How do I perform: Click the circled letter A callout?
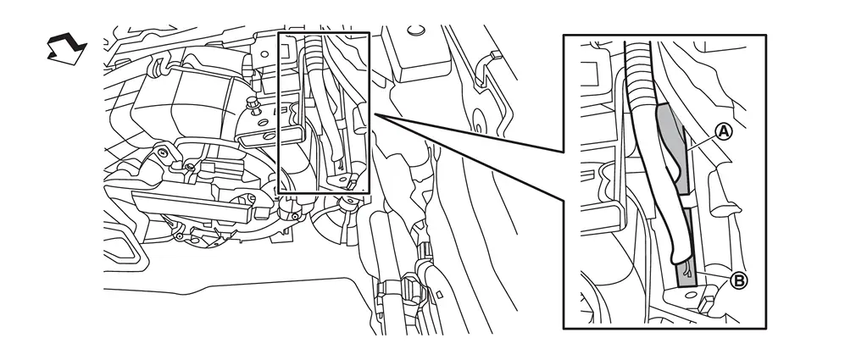click(723, 131)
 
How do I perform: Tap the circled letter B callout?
click(738, 281)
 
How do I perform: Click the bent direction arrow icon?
click(66, 48)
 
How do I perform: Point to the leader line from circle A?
click(701, 140)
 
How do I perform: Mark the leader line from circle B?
click(715, 275)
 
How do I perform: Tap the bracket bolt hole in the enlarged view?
click(691, 295)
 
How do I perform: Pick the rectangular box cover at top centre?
click(420, 54)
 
